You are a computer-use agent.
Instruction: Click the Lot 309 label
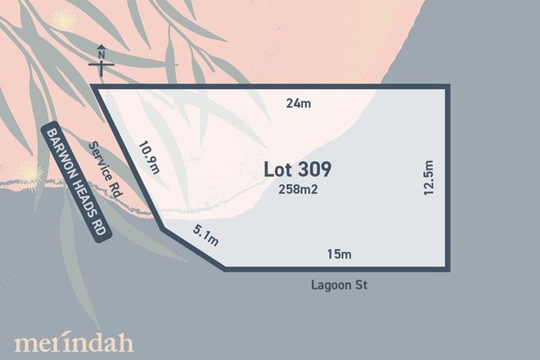298,169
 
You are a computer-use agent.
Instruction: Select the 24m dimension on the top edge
296,103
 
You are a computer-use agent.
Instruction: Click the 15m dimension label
339,254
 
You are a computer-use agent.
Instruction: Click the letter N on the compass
101,56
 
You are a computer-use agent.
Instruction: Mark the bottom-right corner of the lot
448,268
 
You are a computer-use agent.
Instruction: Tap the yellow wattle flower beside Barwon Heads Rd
29,174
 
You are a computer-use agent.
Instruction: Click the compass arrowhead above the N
101,45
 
